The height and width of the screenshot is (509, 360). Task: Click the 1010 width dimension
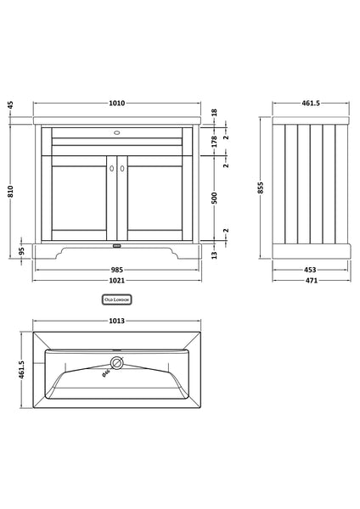coord(117,103)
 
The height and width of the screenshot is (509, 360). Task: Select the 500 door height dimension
coord(216,198)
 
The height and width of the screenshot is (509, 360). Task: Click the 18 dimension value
coord(216,112)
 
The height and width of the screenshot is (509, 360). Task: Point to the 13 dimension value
coord(216,255)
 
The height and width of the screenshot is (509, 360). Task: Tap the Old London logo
coord(117,299)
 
